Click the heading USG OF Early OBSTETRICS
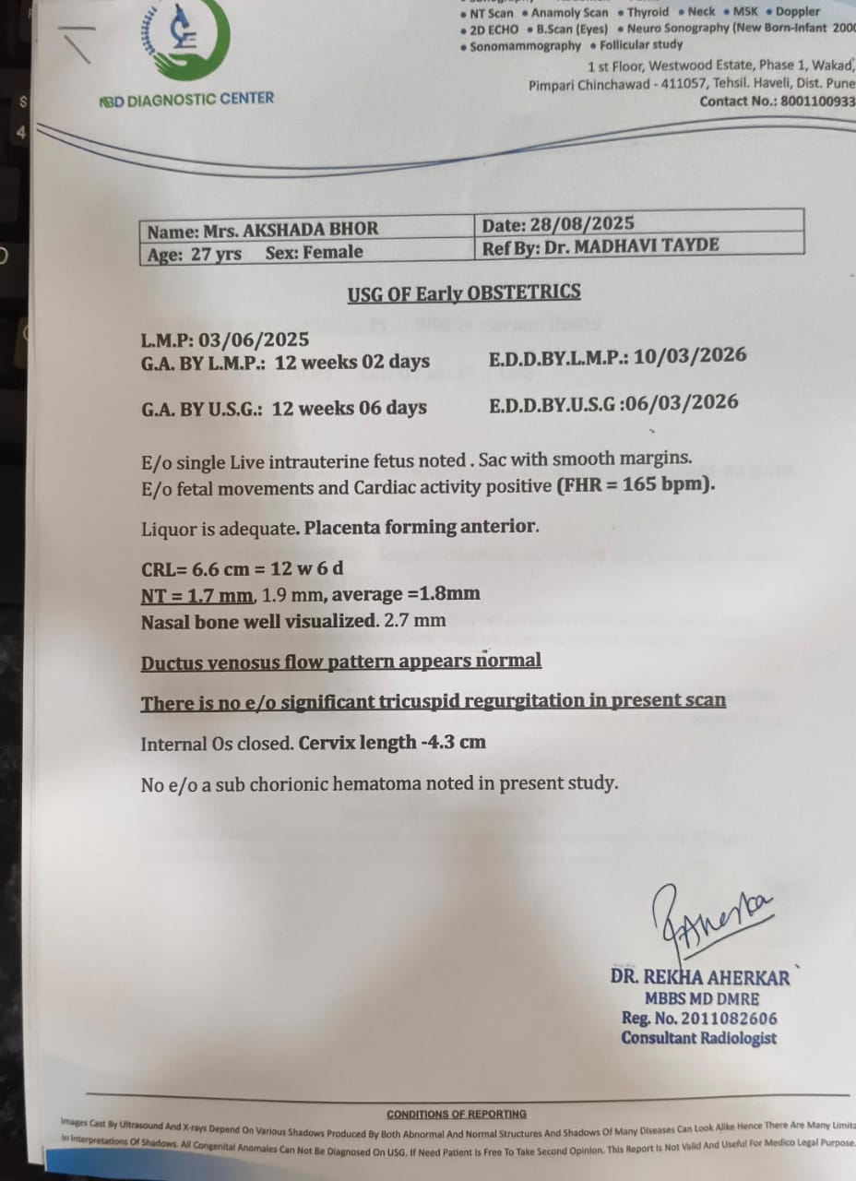(464, 293)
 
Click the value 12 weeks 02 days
(352, 362)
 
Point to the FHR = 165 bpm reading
(636, 485)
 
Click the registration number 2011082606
(723, 1019)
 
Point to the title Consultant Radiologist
(698, 1038)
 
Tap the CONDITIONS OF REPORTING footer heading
(457, 1114)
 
